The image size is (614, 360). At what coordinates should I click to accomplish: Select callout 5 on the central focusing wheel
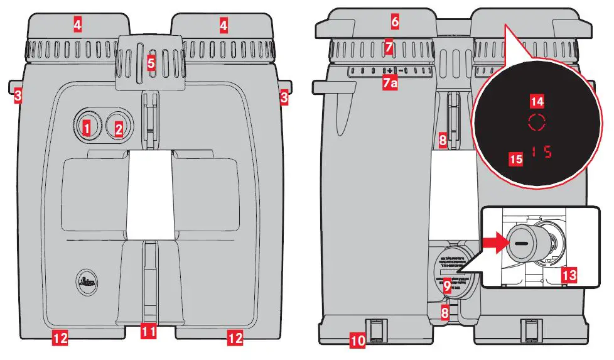tap(150, 63)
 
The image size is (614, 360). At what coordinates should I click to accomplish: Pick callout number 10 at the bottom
tap(357, 341)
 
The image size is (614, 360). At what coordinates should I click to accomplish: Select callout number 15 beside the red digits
tap(515, 159)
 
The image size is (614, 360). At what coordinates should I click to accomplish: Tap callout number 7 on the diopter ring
tap(389, 47)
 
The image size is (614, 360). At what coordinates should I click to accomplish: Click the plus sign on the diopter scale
tap(389, 70)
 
